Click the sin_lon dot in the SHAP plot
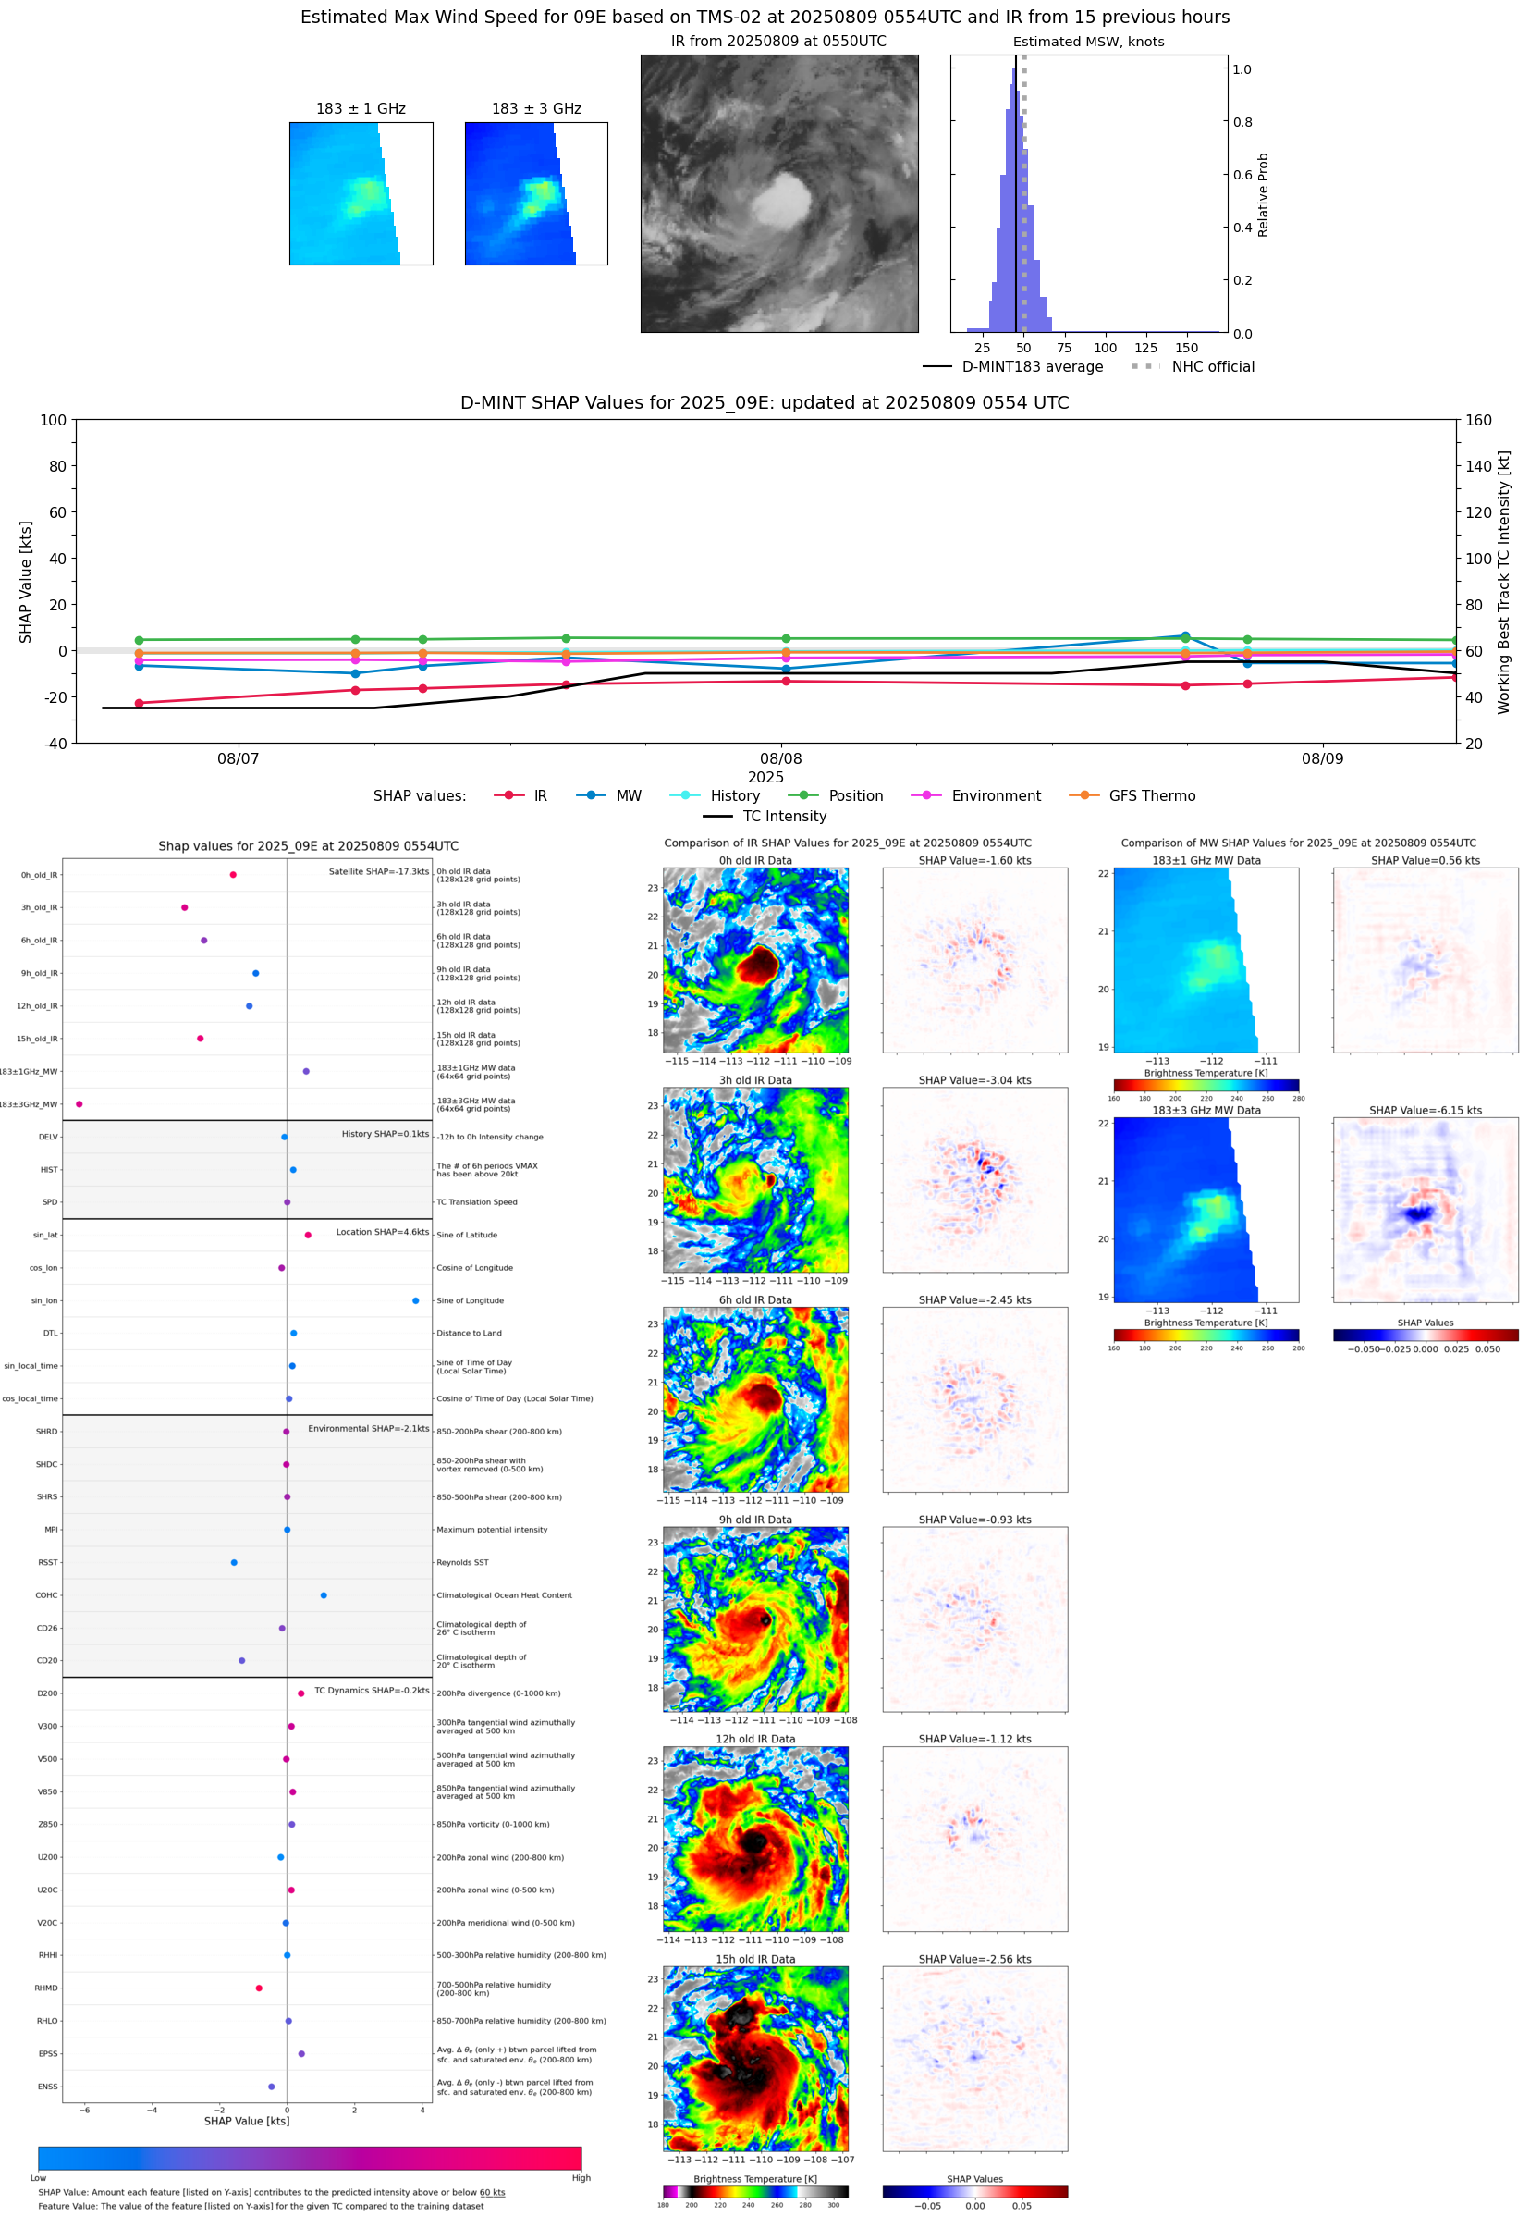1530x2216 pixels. tap(415, 1300)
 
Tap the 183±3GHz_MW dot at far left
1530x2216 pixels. tap(80, 1103)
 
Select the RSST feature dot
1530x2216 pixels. tap(234, 1562)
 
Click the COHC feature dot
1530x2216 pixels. tap(324, 1594)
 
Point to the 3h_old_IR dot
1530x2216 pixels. tap(185, 907)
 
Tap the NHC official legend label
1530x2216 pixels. tap(1212, 366)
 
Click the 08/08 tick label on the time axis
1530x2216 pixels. tap(780, 758)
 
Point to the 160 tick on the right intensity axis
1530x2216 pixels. tap(1478, 420)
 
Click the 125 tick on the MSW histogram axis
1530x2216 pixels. tap(1145, 348)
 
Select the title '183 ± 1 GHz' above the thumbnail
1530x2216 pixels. tap(361, 109)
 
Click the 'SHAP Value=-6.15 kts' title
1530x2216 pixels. tap(1425, 1111)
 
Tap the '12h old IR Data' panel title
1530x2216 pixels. tap(755, 1739)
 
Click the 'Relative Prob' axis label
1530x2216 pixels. tap(1263, 194)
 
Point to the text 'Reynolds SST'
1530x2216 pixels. tap(462, 1562)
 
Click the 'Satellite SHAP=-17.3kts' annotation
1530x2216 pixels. tap(379, 871)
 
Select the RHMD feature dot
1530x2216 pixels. tap(259, 1988)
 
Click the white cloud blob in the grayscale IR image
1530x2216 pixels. tap(781, 199)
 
